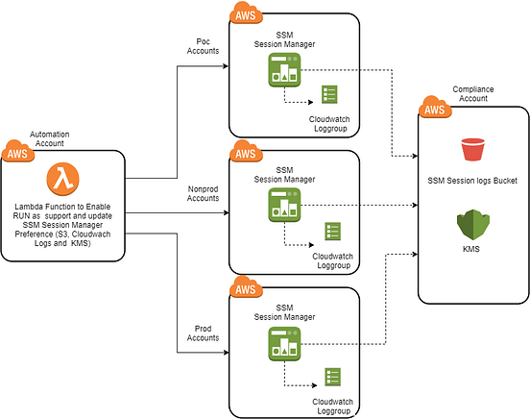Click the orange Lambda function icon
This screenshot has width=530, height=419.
click(63, 179)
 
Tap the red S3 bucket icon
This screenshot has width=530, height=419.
click(472, 151)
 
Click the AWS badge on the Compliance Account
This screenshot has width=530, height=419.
click(434, 108)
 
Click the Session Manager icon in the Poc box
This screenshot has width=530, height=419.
click(283, 68)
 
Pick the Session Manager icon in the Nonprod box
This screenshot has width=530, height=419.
click(283, 205)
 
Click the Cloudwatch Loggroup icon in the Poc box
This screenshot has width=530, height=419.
click(330, 94)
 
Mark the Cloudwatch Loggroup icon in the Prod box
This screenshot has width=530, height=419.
click(332, 377)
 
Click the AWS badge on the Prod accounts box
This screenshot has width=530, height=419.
click(246, 287)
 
